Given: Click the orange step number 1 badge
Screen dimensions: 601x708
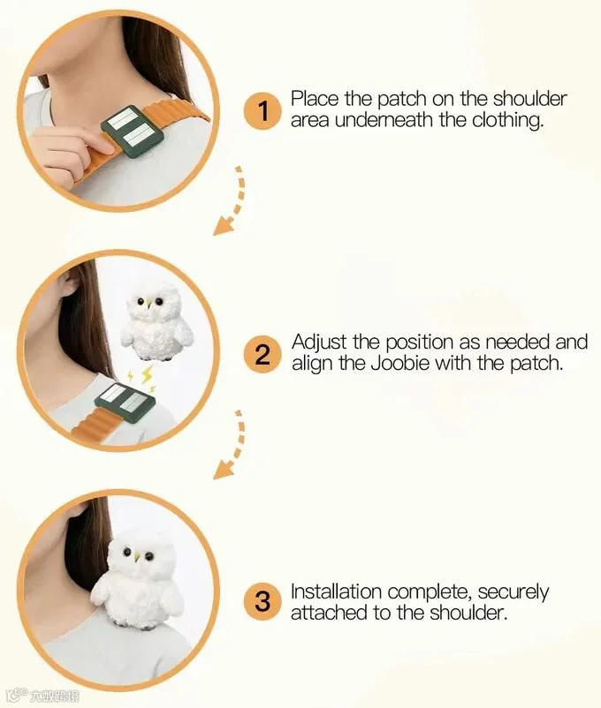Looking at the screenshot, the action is point(262,111).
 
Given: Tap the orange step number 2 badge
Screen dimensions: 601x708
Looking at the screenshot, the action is point(262,354).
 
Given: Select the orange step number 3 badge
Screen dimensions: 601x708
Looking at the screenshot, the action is point(262,601).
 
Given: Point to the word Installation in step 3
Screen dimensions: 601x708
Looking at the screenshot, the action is point(336,591).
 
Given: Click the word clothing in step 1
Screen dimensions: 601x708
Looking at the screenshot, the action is point(507,121).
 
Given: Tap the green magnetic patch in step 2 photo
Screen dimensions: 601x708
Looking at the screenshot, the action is point(125,403).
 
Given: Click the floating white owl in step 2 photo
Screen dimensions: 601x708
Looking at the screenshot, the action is point(157,321).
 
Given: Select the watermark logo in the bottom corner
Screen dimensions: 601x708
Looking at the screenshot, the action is point(43,696).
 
